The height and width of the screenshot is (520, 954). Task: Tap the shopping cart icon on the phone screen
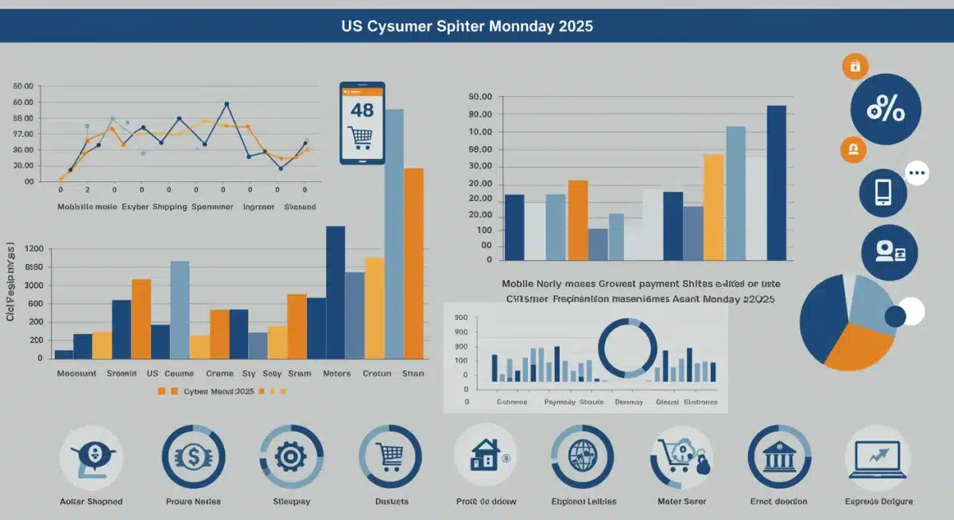tap(362, 138)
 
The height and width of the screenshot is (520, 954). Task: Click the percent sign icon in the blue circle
tap(886, 109)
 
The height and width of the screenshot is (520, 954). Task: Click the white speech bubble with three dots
tap(917, 173)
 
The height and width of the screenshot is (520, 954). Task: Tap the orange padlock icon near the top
tap(855, 67)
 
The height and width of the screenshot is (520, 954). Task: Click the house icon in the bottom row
tap(484, 457)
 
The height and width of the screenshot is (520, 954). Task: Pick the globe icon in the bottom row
tap(583, 456)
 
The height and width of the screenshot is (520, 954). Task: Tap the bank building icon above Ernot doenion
tap(778, 456)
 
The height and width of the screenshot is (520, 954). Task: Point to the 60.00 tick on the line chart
tap(24, 103)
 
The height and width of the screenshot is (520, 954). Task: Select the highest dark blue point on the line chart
tap(227, 104)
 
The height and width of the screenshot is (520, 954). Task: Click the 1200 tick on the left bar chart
tap(34, 249)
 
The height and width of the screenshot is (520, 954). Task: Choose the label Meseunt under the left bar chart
tap(76, 374)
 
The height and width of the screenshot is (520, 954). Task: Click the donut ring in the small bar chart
tap(627, 347)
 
